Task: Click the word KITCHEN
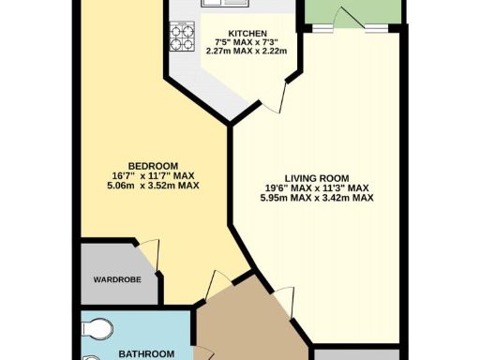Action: pyautogui.click(x=230, y=31)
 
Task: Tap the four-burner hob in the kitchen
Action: pyautogui.click(x=180, y=37)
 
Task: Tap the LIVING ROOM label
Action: pyautogui.click(x=317, y=177)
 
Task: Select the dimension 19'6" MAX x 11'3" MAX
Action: pyautogui.click(x=317, y=187)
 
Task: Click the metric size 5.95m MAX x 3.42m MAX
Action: pyautogui.click(x=317, y=198)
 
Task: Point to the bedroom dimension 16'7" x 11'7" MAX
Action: pyautogui.click(x=154, y=174)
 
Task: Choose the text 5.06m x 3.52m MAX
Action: pyautogui.click(x=154, y=185)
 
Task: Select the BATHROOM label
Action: pyautogui.click(x=141, y=354)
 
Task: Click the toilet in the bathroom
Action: pyautogui.click(x=94, y=329)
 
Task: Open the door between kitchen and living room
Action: pyautogui.click(x=278, y=95)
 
